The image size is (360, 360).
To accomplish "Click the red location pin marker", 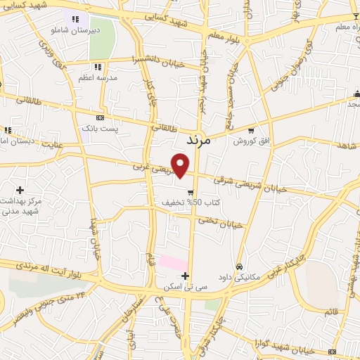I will [x=181, y=167].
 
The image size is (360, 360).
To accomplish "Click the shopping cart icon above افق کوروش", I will [x=252, y=131].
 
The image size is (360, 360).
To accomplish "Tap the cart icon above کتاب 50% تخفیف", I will [x=191, y=192].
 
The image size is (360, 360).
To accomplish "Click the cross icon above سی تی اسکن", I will [x=185, y=276].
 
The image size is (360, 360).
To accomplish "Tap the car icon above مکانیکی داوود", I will [x=240, y=267].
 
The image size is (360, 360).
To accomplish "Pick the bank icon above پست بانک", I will [x=100, y=117].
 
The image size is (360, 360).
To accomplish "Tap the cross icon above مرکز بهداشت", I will [x=20, y=190].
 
